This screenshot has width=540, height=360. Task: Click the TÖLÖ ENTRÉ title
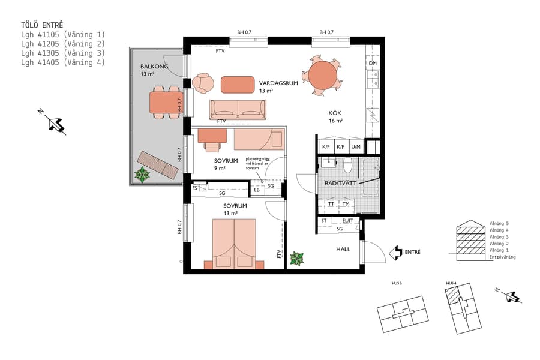[x=41, y=25]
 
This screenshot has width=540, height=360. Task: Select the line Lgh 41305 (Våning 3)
[x=62, y=52]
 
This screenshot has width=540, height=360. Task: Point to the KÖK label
[x=334, y=113]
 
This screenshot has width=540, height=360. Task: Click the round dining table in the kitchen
[x=322, y=74]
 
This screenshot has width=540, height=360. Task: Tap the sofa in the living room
[x=237, y=109]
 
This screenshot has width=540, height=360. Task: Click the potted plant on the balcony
[x=142, y=175]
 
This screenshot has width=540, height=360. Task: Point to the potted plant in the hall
[x=296, y=259]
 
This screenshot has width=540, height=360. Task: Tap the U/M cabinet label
[x=356, y=146]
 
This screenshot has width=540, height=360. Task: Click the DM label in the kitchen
[x=373, y=63]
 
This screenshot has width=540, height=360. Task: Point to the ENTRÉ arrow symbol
[x=396, y=252]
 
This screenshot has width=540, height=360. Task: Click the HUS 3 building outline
[x=403, y=314]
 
